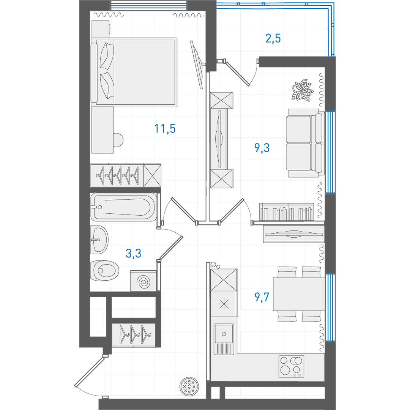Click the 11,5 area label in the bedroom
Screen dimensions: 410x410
[165, 129]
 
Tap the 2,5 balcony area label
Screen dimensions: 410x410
[273, 38]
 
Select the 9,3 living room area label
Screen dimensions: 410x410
[262, 148]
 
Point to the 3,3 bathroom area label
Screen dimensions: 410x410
[133, 253]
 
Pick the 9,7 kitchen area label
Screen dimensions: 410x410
[262, 297]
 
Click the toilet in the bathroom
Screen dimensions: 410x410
[105, 270]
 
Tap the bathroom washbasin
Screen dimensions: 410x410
[99, 240]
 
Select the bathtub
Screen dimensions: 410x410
[124, 207]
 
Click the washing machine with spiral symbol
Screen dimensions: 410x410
[143, 281]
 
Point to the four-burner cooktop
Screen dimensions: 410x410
[291, 366]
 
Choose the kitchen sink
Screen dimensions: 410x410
[224, 339]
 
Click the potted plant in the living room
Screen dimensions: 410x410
[302, 90]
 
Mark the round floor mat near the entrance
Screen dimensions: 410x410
[189, 386]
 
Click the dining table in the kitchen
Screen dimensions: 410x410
[299, 294]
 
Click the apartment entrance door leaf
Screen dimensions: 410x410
[90, 372]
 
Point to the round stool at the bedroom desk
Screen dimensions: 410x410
[118, 140]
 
